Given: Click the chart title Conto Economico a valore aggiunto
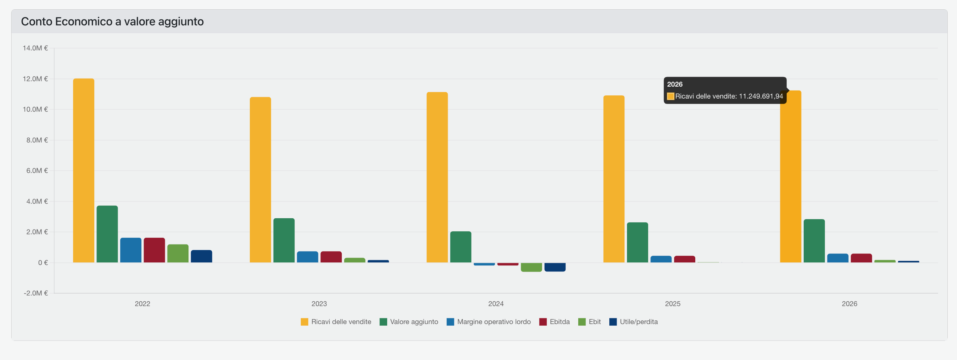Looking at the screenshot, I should [112, 22].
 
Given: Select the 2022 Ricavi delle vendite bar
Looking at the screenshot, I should [83, 170].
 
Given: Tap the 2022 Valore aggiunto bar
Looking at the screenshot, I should [107, 234].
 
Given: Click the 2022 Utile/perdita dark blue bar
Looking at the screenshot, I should [201, 256].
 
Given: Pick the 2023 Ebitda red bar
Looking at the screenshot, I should [331, 257].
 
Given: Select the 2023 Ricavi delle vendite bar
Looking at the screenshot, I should [260, 180].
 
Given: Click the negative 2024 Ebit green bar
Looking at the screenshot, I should [531, 267].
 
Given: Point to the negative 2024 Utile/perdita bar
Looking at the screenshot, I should [555, 267].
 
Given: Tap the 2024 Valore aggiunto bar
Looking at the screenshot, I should [461, 247].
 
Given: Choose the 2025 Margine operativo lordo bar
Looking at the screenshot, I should [661, 259].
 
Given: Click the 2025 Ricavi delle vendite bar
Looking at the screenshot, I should [614, 179].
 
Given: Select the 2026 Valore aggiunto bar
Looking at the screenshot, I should [814, 241].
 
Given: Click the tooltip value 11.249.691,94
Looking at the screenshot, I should [761, 96].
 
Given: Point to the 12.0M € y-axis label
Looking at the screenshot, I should [36, 79].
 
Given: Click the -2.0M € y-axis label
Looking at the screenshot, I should [36, 293].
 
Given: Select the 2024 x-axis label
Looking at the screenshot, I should [496, 304].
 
